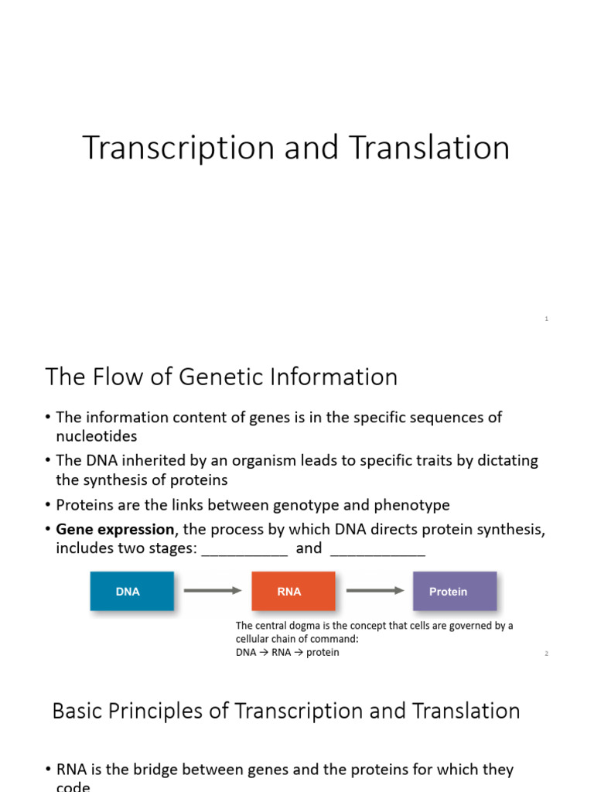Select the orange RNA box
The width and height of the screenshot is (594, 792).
tap(293, 592)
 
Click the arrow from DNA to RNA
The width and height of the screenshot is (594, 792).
tap(213, 591)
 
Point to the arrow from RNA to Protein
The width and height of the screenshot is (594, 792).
tap(374, 591)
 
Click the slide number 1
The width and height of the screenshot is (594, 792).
tap(546, 319)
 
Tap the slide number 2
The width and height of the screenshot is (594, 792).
tap(546, 654)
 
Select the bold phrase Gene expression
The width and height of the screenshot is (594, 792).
tap(115, 530)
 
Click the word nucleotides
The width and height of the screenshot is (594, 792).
tap(96, 436)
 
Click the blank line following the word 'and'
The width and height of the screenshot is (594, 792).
tap(377, 549)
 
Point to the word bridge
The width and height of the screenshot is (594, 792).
tap(160, 770)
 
